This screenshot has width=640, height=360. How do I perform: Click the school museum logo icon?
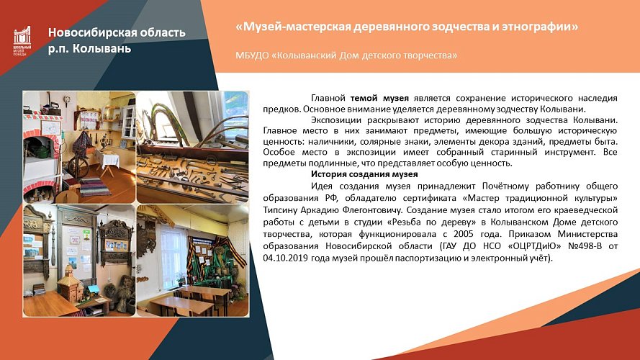point(22,41)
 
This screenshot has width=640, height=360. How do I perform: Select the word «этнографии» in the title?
point(540,27)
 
